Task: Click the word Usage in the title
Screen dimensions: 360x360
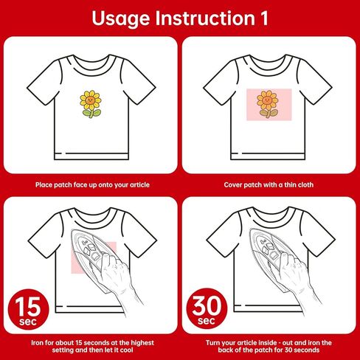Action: tap(121, 19)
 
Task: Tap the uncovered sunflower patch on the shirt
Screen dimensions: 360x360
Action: tap(91, 104)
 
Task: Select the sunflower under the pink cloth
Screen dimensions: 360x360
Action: tap(268, 104)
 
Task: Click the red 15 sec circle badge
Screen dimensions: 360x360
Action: tap(28, 309)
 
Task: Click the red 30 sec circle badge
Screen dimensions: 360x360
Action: tap(207, 308)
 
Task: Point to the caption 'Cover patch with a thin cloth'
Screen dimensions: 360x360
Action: tap(269, 184)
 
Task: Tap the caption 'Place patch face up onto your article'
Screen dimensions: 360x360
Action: tap(92, 184)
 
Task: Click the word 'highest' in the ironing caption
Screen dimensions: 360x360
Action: tap(142, 342)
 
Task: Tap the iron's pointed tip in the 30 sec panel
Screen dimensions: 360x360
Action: tap(250, 230)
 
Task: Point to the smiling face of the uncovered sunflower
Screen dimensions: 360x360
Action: tap(90, 100)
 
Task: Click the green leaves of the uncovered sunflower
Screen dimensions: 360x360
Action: tap(91, 113)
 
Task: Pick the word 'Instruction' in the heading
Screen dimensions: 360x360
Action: tap(205, 18)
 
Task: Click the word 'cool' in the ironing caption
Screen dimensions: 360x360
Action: tap(126, 350)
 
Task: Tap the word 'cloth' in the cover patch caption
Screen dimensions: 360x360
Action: tap(305, 184)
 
